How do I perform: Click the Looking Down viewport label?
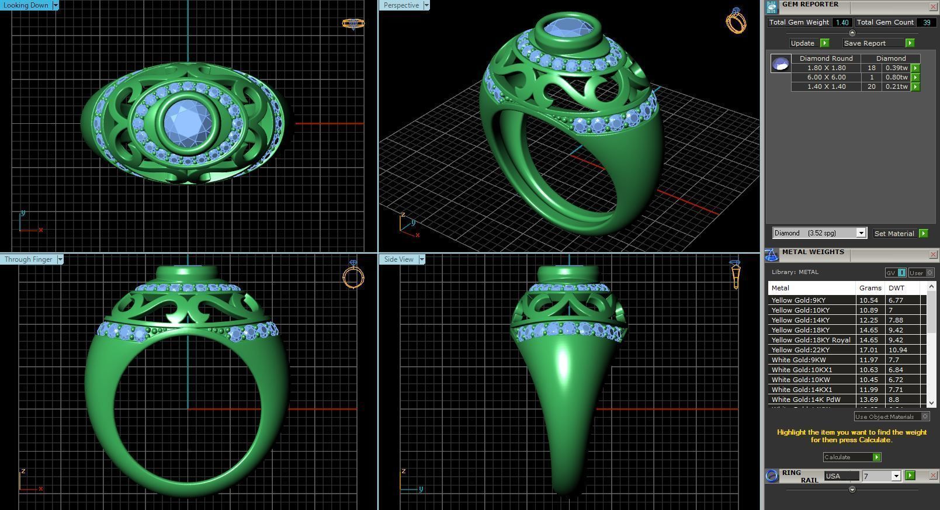[26, 5]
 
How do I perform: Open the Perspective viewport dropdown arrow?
[426, 5]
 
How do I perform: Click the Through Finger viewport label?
[28, 259]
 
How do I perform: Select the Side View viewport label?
[398, 259]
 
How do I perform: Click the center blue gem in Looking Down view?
[187, 122]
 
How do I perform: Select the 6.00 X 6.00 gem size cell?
[826, 77]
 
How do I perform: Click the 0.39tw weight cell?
[896, 68]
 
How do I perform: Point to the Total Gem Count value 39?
[927, 22]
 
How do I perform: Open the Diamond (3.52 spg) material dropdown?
[861, 233]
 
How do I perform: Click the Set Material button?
[894, 234]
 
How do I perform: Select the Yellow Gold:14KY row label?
[800, 320]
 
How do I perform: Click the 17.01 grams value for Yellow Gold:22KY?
[869, 350]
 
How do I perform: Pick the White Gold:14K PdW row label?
[806, 400]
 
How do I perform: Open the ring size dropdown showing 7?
[896, 476]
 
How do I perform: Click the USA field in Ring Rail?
[841, 476]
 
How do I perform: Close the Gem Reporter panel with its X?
[933, 6]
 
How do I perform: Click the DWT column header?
[896, 288]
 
